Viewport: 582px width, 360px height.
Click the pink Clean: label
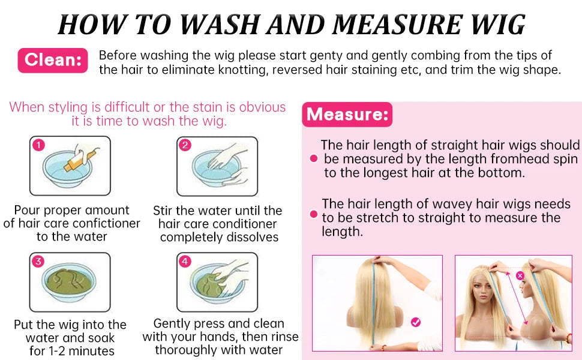53,60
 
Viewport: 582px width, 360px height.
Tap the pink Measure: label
347,115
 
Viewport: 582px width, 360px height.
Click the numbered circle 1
38,145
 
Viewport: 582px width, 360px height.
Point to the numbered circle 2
185,145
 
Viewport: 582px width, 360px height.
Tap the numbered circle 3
38,261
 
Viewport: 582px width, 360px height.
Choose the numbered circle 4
185,261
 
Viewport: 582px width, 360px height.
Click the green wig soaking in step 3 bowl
69,281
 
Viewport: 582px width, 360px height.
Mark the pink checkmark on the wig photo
416,322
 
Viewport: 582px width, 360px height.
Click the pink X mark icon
520,275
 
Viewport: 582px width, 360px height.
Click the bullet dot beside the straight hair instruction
314,158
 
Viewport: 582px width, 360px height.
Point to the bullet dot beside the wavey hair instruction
314,214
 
